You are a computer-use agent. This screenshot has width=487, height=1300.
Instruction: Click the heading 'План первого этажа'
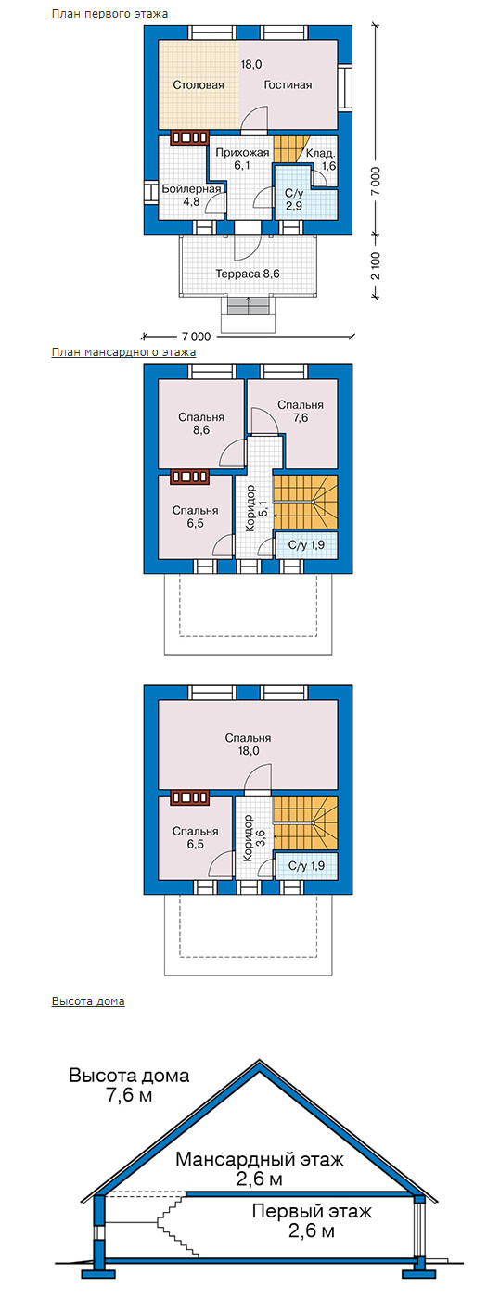tap(109, 13)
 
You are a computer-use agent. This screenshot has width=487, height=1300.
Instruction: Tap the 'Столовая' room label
tap(199, 84)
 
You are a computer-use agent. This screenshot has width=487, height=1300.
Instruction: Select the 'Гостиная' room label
tap(288, 84)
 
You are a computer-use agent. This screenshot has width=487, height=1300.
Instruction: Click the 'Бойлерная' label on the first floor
tap(191, 188)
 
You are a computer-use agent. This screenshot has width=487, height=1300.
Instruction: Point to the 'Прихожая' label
tap(242, 153)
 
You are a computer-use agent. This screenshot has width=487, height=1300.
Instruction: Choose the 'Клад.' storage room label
tap(320, 154)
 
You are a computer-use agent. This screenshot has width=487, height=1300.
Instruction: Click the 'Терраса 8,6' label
tap(248, 273)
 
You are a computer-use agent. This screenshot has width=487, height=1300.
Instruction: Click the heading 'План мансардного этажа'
tap(123, 352)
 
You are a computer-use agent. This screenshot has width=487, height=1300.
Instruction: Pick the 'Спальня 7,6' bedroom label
tap(301, 412)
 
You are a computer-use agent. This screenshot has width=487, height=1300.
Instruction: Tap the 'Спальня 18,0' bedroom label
tap(248, 745)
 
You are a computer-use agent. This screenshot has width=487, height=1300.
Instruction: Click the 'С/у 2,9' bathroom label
tap(293, 199)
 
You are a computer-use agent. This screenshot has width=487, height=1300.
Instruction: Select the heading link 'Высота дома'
tap(88, 1001)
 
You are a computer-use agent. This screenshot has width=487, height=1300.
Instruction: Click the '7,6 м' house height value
tap(129, 1095)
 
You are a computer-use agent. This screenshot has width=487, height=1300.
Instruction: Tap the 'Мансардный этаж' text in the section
tap(260, 1159)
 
